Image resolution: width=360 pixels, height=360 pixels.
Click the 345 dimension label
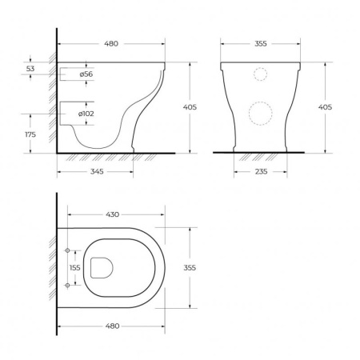point(97,171)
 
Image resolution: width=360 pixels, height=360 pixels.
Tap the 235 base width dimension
point(261,171)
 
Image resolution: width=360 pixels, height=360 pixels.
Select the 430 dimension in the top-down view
point(112,214)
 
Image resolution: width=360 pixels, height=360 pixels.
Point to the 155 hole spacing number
point(75,267)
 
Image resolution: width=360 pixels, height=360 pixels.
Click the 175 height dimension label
point(30,134)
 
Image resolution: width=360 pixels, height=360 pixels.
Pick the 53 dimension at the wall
point(30,69)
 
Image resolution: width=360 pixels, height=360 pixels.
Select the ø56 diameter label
point(86,74)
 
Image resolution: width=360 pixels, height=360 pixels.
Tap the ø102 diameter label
point(86,114)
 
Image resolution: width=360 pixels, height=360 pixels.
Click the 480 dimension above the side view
point(111,43)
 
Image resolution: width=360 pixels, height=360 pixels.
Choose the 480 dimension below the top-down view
point(112,326)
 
